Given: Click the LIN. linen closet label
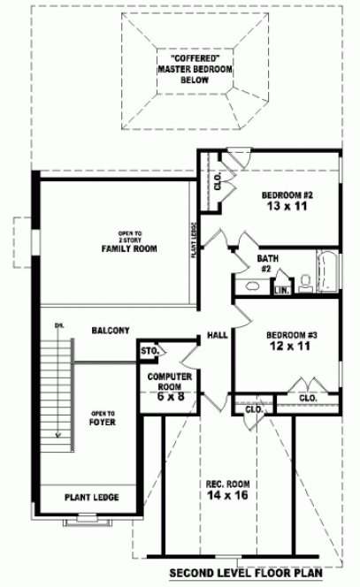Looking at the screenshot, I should click(281, 290).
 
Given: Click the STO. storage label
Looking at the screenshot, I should click(149, 352).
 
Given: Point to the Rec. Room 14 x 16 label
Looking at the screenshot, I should click(227, 492).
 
